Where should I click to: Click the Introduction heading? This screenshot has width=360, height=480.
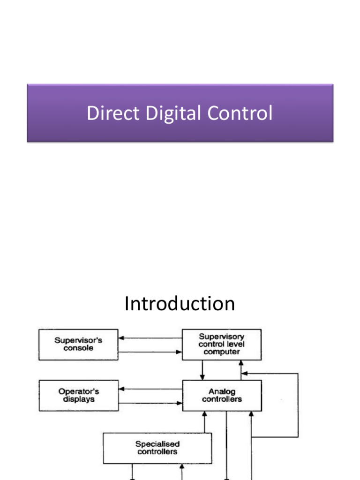click(180, 304)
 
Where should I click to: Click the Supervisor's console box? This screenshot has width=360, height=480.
click(78, 345)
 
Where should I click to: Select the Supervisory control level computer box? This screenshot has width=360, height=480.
click(221, 345)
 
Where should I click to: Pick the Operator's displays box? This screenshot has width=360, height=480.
click(78, 395)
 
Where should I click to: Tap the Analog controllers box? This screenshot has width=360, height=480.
click(221, 395)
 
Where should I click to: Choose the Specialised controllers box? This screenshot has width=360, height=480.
click(157, 448)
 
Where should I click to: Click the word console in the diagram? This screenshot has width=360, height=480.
click(78, 348)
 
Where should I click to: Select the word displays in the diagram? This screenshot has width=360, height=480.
click(78, 399)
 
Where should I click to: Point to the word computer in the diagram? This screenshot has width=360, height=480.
click(222, 352)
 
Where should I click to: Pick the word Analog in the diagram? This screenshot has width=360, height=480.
click(222, 392)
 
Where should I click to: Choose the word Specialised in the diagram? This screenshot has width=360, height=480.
click(157, 444)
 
